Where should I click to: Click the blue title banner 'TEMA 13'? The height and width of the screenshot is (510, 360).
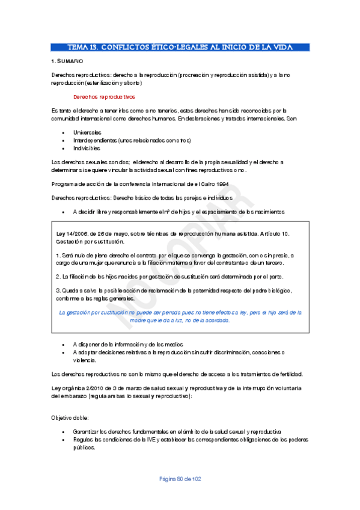pyautogui.click(x=180, y=47)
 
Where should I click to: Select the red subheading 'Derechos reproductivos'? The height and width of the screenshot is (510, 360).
pyautogui.click(x=104, y=97)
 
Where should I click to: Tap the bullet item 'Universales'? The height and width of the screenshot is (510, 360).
pyautogui.click(x=87, y=132)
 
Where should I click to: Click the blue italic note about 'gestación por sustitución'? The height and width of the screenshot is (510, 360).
pyautogui.click(x=180, y=316)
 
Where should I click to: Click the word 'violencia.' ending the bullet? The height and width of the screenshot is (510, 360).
pyautogui.click(x=85, y=360)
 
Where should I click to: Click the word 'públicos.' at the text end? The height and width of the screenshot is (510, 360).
pyautogui.click(x=85, y=448)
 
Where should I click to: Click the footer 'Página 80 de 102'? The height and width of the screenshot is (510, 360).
pyautogui.click(x=180, y=479)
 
